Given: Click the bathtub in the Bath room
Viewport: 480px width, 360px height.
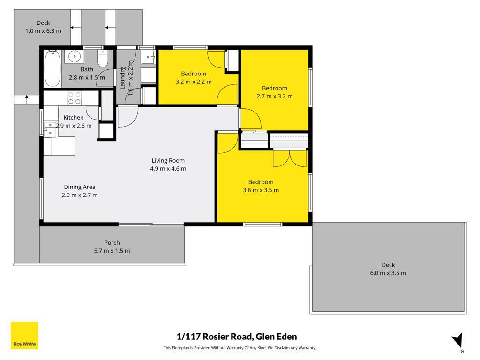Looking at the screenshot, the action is (52, 68).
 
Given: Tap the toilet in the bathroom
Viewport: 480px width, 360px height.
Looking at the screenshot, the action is (103, 59).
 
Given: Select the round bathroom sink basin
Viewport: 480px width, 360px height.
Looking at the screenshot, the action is (74, 56).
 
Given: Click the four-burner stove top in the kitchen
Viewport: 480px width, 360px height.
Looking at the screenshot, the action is (75, 98).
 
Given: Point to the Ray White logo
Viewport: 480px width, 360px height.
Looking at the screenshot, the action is (24, 335).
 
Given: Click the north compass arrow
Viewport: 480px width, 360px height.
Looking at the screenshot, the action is (457, 341).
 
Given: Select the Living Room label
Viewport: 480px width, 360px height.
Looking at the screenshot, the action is (168, 160).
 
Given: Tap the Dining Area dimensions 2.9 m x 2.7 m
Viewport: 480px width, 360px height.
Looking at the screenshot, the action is (80, 195).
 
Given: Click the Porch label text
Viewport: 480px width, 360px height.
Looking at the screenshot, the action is (112, 243).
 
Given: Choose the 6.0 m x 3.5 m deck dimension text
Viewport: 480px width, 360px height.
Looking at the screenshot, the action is (388, 273).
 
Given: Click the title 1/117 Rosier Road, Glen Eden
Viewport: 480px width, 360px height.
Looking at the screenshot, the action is (237, 337).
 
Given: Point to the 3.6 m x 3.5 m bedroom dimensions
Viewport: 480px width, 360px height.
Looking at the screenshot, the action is (261, 190).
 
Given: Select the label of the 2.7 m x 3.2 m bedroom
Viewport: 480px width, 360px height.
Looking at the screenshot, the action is (275, 88).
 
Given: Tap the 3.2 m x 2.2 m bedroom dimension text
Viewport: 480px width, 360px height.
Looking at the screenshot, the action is (194, 82).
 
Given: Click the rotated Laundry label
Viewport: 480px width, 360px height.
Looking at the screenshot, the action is (122, 78).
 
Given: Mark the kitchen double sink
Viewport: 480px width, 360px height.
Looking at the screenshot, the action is (50, 129).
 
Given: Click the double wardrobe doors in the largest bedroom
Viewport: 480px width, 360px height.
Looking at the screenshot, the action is (289, 158).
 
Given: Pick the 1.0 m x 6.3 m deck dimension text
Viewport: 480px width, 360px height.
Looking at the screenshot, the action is (43, 31).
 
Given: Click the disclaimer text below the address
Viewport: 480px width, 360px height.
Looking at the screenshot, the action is (240, 348).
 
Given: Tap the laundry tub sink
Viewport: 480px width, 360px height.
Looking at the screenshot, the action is (148, 57).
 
